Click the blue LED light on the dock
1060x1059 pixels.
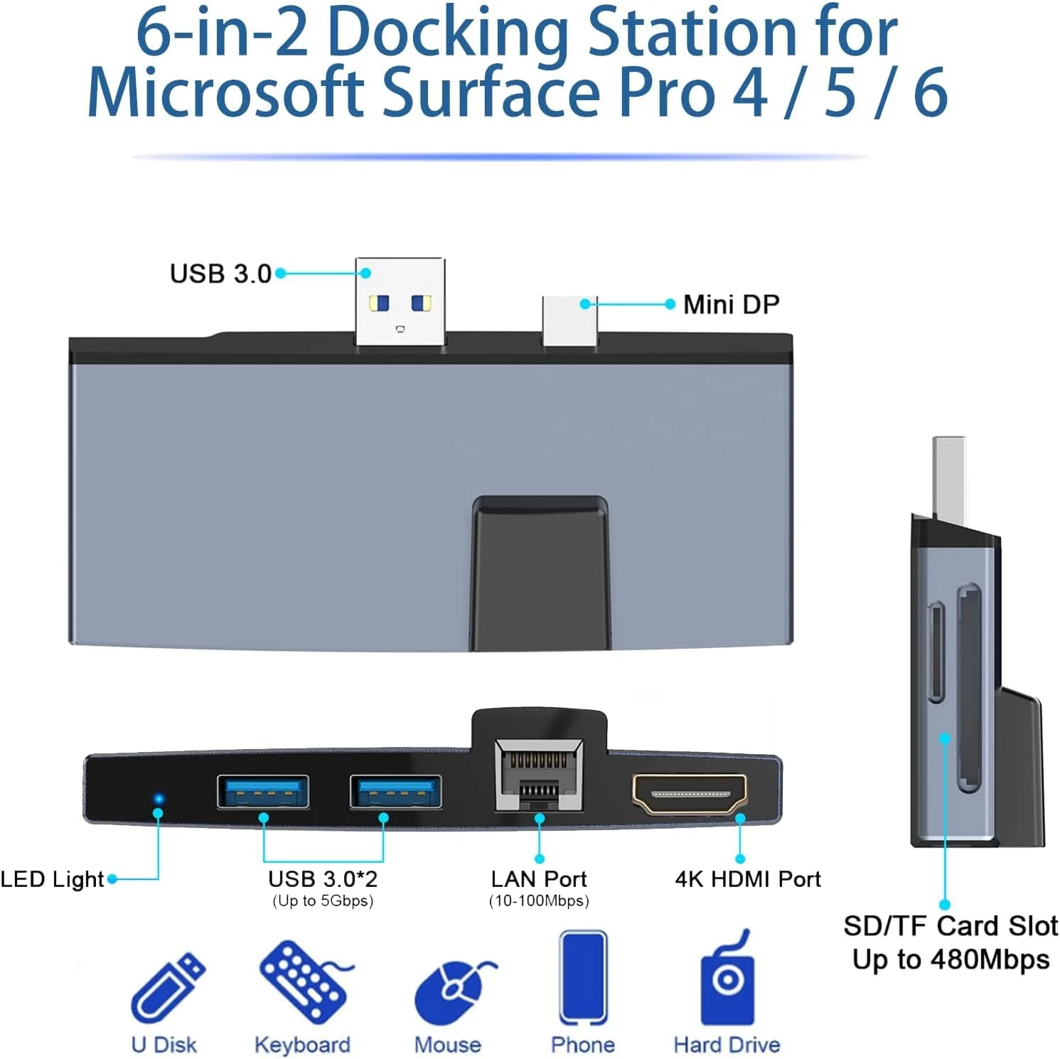(159, 799)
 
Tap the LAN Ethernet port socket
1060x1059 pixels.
(540, 775)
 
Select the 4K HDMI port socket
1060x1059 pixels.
(690, 794)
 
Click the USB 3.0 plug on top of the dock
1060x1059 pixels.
(400, 301)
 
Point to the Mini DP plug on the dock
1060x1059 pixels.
(569, 321)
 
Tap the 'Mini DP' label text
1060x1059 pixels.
(732, 304)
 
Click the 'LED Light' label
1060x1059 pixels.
(52, 880)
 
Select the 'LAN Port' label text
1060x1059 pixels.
(539, 879)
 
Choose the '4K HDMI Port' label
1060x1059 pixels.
(748, 879)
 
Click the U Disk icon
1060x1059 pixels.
(168, 987)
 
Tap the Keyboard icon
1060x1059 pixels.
(305, 983)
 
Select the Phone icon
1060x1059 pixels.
(583, 977)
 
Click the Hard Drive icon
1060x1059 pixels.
(727, 977)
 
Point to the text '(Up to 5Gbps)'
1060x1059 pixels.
(323, 901)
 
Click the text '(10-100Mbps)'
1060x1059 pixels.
(539, 901)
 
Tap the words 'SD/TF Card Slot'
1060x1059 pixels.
(951, 926)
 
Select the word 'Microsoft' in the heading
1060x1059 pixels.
(225, 92)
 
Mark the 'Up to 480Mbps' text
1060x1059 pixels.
(951, 959)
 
